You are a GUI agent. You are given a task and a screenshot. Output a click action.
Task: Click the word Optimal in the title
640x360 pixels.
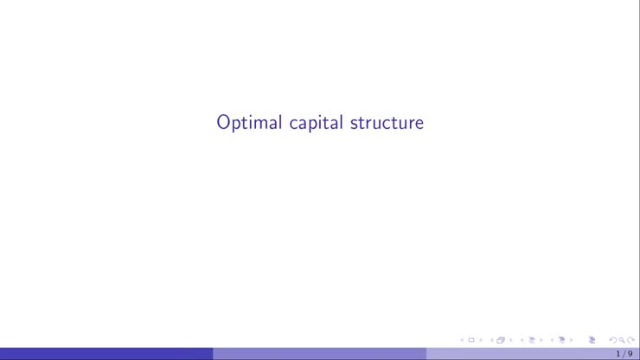[249, 123]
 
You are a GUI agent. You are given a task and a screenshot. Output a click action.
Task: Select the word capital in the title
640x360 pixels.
[316, 123]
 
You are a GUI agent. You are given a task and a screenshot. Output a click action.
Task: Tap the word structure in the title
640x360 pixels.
[387, 122]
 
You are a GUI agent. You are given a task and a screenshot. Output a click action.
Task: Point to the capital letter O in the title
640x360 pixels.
[223, 122]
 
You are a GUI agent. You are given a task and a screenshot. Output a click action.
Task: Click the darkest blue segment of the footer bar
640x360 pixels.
[106, 354]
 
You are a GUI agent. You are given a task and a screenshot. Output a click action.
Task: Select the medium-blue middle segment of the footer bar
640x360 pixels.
[319, 354]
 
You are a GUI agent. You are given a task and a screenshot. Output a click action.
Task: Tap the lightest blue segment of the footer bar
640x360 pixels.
[519, 354]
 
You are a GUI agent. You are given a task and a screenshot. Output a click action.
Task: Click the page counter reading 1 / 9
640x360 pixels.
[624, 354]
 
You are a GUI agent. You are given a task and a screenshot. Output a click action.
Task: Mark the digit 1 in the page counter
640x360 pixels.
[618, 354]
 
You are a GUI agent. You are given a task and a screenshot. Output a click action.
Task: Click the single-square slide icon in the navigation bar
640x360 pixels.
[471, 340]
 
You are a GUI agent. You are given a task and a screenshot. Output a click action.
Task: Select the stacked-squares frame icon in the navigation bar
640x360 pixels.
[500, 340]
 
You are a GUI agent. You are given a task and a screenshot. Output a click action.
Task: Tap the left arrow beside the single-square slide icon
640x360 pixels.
[462, 340]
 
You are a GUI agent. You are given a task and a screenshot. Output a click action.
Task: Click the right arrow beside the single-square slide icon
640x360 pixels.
[481, 340]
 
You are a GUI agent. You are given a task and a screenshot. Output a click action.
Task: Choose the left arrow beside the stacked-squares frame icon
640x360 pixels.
[490, 340]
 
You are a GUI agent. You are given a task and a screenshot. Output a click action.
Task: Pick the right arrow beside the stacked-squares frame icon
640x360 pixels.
[510, 340]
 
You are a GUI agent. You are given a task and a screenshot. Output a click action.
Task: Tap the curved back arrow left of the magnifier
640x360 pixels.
[613, 340]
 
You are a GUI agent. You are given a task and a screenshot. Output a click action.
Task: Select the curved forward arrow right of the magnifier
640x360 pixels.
[631, 340]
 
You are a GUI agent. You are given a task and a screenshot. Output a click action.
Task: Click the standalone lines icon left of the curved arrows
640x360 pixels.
[592, 340]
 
